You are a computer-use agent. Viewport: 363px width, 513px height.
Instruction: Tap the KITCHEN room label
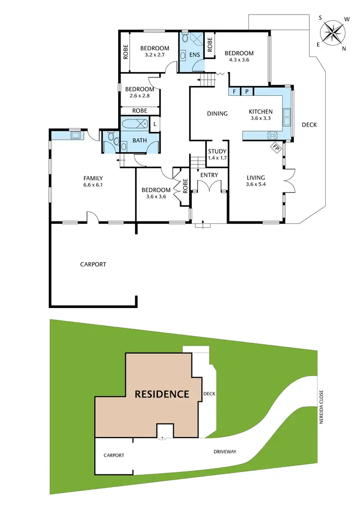[x=261, y=112]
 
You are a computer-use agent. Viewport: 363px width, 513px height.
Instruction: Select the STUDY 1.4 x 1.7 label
[x=217, y=154]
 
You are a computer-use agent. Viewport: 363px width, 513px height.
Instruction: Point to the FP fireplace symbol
[x=276, y=147]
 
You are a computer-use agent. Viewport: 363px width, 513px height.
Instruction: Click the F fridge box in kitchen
[x=235, y=91]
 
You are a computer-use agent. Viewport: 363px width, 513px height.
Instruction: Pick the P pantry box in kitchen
[x=246, y=91]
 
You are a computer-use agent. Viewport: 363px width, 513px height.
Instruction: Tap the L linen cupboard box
[x=154, y=124]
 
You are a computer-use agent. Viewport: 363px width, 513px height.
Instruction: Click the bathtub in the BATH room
[x=135, y=124]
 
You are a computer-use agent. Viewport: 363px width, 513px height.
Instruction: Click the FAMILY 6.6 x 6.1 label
[x=93, y=181]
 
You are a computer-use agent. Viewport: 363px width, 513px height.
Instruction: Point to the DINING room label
[x=217, y=114]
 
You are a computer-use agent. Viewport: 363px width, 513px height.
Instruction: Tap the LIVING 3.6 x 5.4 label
[x=257, y=181]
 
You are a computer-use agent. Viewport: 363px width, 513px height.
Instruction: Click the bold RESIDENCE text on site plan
[x=162, y=394]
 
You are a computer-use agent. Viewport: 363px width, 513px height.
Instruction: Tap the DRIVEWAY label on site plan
[x=224, y=452]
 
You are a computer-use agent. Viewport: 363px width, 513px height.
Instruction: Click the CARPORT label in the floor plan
[x=93, y=264]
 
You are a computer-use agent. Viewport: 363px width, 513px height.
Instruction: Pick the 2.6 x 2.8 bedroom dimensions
[x=139, y=96]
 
